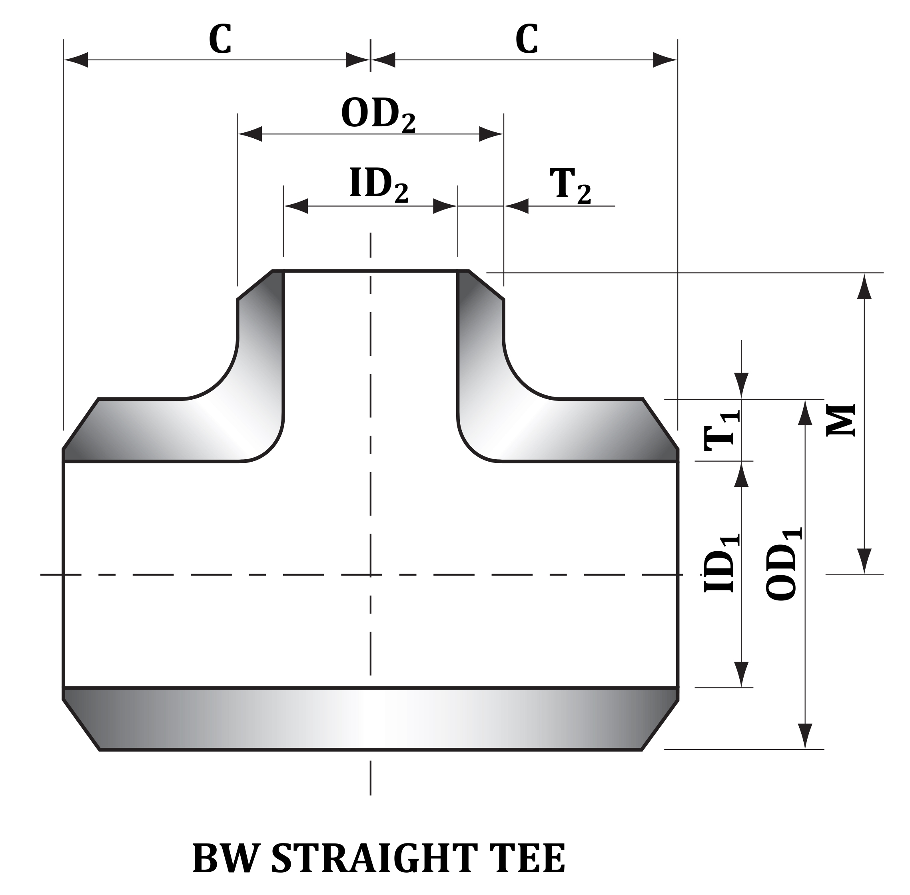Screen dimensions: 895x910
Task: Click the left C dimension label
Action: (x=220, y=40)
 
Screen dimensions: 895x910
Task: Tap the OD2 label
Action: (x=378, y=114)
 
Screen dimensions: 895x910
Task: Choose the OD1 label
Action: (x=782, y=564)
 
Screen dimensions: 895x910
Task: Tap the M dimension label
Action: (x=840, y=420)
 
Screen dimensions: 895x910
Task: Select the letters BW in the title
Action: (x=226, y=858)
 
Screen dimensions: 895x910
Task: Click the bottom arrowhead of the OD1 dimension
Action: (x=805, y=736)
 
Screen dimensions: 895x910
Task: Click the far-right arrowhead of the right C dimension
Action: (x=665, y=60)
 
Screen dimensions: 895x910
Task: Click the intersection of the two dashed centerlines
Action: (x=370, y=574)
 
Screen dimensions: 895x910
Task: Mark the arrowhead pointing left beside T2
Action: (x=516, y=206)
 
